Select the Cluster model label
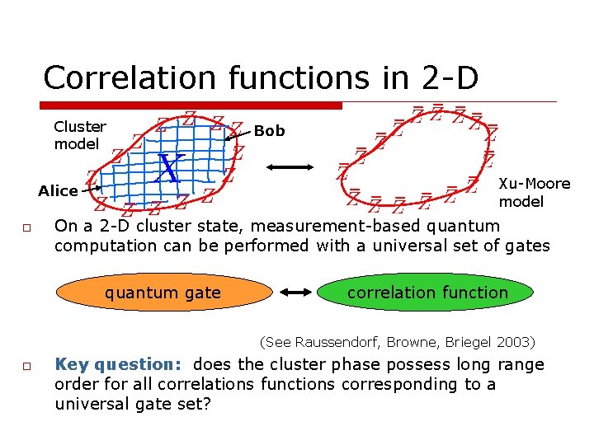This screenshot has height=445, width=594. pos(79,135)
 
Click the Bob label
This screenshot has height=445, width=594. pos(269,130)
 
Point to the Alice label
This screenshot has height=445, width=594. pos(58,191)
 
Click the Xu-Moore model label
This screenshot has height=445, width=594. pos(533,192)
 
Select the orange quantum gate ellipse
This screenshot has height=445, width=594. pos(163,293)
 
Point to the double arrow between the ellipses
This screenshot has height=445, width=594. pos(295,293)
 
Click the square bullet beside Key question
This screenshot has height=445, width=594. pos(26,366)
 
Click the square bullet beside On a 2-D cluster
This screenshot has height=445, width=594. pos(26,227)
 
